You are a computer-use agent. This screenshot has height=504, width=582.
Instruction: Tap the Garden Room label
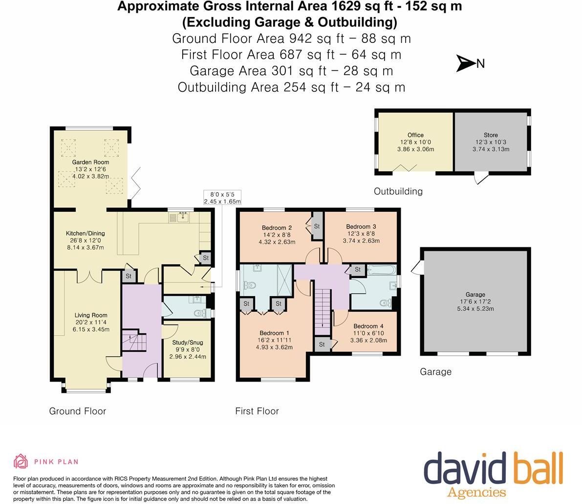coord(90,162)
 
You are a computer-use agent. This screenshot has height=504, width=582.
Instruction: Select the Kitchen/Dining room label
coord(86,233)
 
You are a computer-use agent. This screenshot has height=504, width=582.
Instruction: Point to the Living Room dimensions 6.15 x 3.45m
coord(91,329)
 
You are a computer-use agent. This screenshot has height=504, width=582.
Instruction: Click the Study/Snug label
coord(188,343)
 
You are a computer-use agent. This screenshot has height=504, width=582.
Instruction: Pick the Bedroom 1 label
coord(274,333)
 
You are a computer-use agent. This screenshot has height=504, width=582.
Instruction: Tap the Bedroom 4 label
coord(368,326)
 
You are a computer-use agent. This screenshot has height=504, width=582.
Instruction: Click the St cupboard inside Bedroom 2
coord(317,226)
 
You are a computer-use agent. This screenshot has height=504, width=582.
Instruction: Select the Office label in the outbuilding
coord(415,135)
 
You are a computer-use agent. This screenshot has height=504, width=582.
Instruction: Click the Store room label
coord(491,135)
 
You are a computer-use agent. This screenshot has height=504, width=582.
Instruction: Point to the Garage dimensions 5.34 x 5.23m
coord(475,308)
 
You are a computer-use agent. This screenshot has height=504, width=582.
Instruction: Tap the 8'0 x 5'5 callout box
coord(222,198)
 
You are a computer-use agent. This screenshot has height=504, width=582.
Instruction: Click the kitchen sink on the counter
coord(183,217)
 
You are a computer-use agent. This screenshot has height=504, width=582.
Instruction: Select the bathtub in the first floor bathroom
coord(382,269)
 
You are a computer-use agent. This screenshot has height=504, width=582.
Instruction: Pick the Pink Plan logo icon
coord(21,462)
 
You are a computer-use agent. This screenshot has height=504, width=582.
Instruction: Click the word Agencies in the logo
coord(476,492)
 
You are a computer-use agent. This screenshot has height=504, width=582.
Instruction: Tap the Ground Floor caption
coord(78,411)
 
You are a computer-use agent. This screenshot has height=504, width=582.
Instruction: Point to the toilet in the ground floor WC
coord(200,314)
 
